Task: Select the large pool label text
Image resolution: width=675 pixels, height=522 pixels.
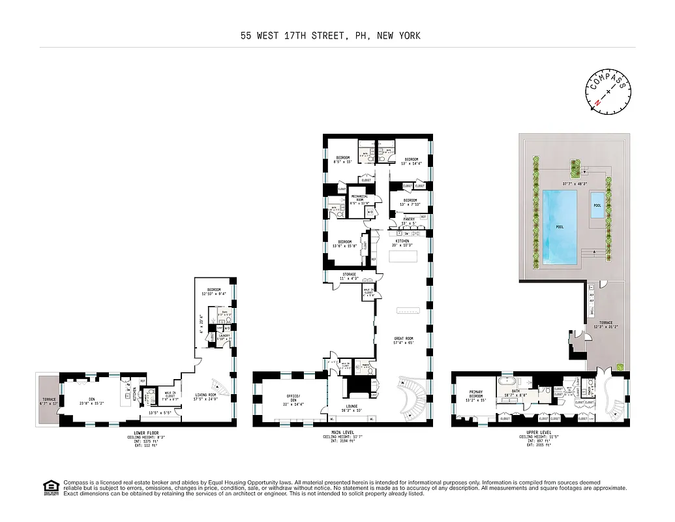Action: click(560, 227)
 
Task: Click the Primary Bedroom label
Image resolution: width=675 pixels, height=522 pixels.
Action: click(476, 394)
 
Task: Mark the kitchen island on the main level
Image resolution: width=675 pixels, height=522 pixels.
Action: click(402, 256)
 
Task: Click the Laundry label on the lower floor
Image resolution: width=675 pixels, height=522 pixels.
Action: click(224, 337)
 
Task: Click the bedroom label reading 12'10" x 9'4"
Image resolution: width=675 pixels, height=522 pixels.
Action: click(214, 290)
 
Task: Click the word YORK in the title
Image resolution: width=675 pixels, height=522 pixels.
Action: click(408, 36)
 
